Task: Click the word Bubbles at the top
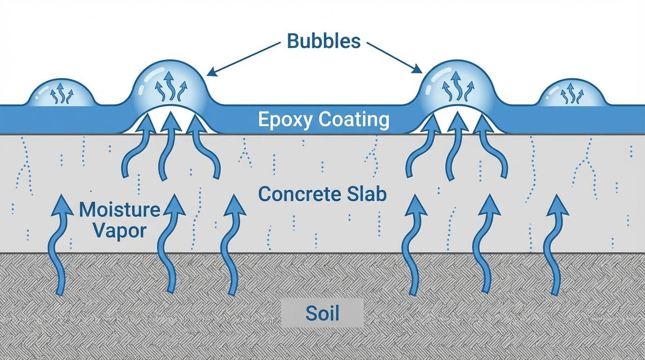(323, 41)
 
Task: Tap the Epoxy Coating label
(323, 120)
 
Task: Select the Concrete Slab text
(322, 194)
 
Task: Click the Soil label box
(322, 313)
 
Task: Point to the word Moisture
(120, 210)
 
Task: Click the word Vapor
(120, 230)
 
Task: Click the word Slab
(368, 194)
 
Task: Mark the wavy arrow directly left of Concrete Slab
(233, 244)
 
